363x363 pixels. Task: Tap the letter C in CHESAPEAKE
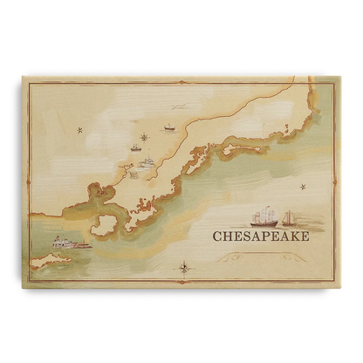(218, 235)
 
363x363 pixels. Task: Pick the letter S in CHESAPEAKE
(244, 235)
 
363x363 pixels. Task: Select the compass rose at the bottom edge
(184, 268)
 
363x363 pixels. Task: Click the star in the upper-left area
(79, 131)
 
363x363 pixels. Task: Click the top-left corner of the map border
(24, 79)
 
